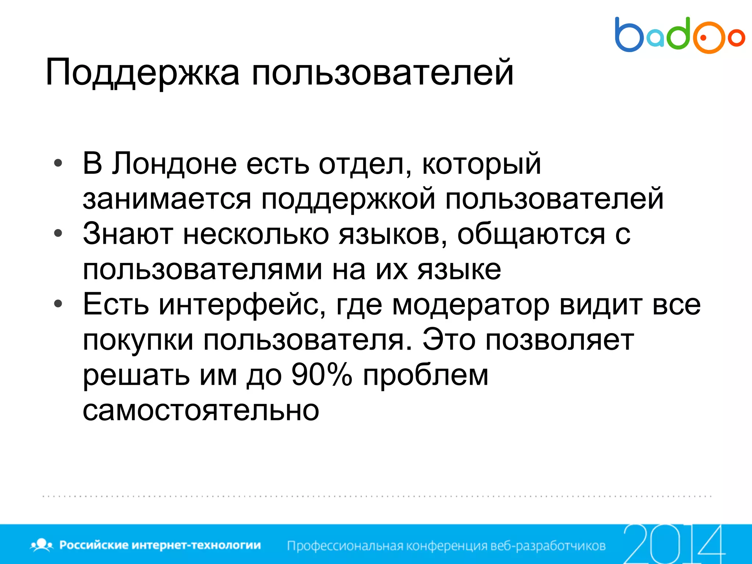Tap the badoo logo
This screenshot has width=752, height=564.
[x=679, y=35]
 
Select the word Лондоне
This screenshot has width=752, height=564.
[x=174, y=163]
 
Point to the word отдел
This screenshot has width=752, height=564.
[x=365, y=163]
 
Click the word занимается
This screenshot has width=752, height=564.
[x=167, y=199]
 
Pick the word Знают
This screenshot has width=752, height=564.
[x=128, y=234]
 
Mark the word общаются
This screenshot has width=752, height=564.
[x=531, y=234]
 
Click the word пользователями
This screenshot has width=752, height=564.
[x=202, y=269]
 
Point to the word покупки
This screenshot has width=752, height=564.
[x=138, y=340]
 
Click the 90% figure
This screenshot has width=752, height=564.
[x=322, y=375]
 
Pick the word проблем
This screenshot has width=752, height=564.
[x=426, y=375]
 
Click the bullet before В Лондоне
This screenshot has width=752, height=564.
[x=58, y=163]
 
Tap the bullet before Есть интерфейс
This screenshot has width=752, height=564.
[x=58, y=304]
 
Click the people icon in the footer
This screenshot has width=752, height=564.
[x=42, y=545]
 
